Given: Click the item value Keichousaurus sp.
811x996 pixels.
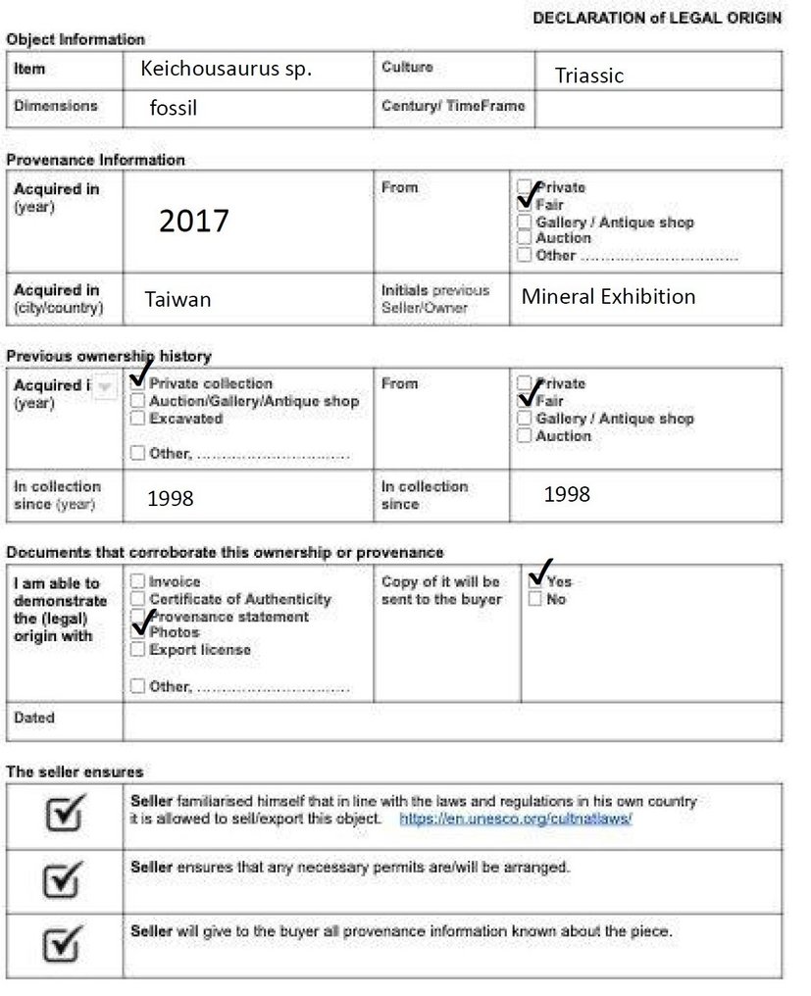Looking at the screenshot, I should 227,69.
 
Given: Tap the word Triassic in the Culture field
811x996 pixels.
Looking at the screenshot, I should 588,75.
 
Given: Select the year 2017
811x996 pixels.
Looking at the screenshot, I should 193,221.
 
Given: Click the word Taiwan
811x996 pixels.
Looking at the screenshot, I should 177,300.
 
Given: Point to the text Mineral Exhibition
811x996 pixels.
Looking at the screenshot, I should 608,296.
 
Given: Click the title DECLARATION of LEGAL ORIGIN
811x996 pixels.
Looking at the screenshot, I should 657,18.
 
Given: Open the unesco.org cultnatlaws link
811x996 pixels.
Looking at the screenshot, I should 515,818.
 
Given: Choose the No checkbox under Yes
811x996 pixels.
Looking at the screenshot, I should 535,599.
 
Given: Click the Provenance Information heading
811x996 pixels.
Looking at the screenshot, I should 95,159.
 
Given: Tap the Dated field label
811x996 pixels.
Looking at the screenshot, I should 34,718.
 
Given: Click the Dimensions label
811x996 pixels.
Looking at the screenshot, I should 56,106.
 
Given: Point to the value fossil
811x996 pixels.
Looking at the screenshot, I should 174,109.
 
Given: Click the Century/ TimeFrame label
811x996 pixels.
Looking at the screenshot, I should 453,106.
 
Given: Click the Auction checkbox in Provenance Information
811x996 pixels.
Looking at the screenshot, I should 525,238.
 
